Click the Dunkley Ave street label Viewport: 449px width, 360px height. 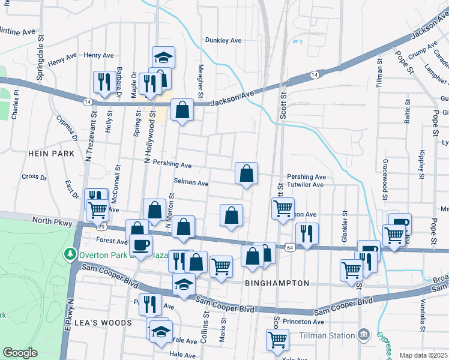[223, 40]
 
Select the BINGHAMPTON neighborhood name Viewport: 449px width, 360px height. [277, 283]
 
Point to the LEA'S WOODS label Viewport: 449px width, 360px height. [107, 323]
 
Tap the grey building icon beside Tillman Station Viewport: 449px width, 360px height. [363, 334]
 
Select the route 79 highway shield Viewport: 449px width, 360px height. [101, 227]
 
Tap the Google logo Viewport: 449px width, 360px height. [20, 353]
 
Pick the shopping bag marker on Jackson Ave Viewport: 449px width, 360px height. [182, 110]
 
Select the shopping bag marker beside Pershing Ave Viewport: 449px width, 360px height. [246, 174]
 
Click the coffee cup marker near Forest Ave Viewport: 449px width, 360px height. [142, 245]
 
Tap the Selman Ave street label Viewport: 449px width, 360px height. [191, 182]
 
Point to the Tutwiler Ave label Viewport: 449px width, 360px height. [305, 185]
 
